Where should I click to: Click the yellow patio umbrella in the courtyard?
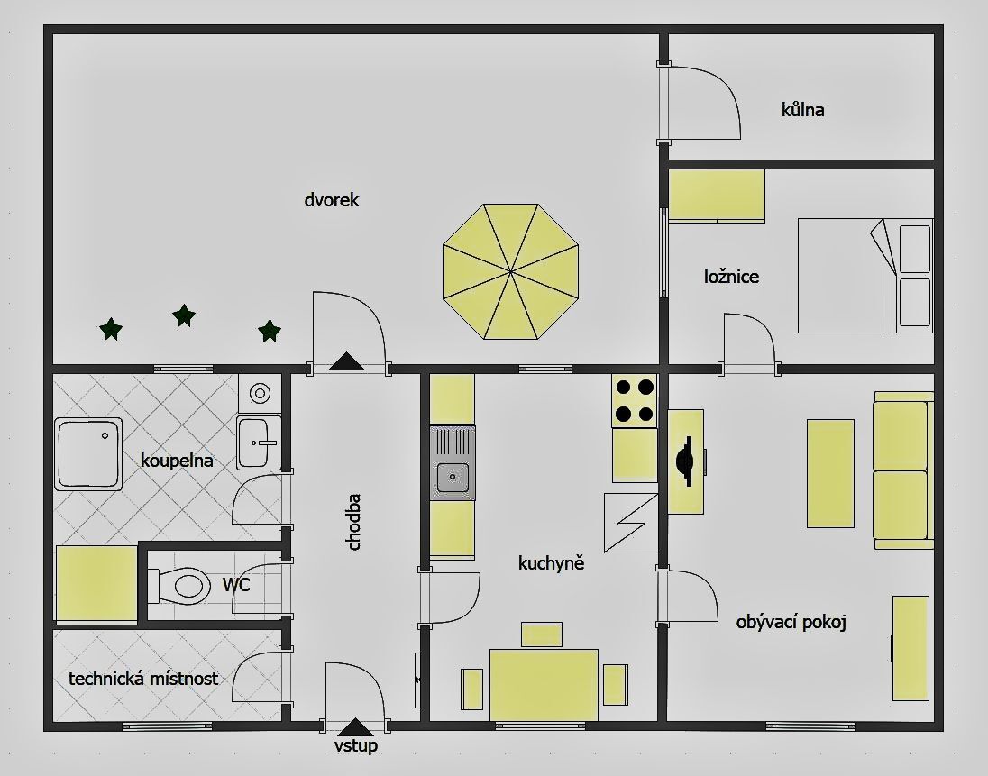click(x=510, y=271)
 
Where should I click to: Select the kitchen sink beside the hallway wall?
click(x=453, y=463)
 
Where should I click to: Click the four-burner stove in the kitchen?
click(x=635, y=400)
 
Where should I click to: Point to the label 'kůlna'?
click(x=802, y=110)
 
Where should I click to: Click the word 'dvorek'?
click(x=332, y=200)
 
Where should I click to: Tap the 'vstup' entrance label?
click(x=356, y=745)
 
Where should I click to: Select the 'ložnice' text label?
click(x=732, y=277)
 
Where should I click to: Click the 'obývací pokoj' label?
click(x=791, y=622)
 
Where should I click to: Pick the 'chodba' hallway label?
click(x=354, y=522)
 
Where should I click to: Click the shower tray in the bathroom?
click(x=88, y=453)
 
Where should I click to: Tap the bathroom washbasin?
click(x=259, y=443)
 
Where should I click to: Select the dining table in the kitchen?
click(x=544, y=685)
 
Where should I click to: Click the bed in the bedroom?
click(x=865, y=275)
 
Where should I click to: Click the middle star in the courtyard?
click(x=183, y=315)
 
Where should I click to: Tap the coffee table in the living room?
click(x=830, y=473)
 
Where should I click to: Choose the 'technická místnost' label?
click(x=143, y=679)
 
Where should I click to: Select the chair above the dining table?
click(x=542, y=634)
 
